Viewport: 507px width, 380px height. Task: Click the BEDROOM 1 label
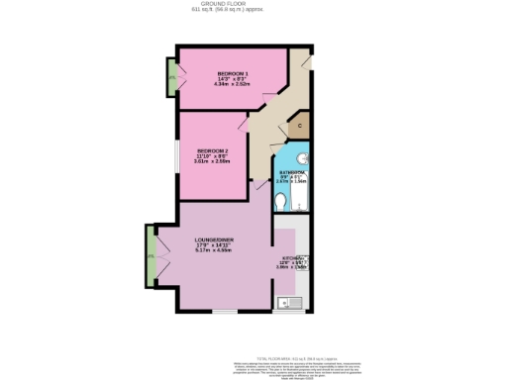click(x=233, y=74)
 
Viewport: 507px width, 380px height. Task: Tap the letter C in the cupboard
click(x=298, y=126)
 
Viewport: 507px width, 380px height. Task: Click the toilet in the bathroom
click(x=282, y=201)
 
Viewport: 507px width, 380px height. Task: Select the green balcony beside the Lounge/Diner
click(x=151, y=255)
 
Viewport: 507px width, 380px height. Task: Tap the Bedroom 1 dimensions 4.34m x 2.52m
click(x=233, y=86)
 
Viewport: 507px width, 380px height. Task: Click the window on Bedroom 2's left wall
click(x=178, y=155)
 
